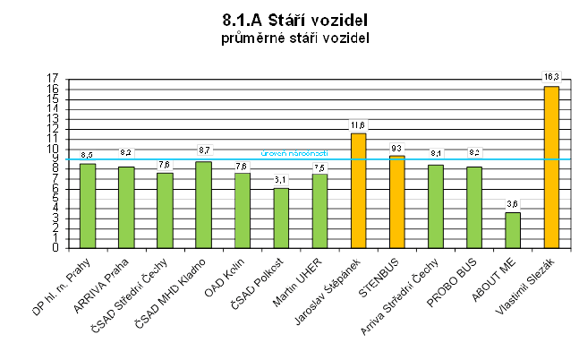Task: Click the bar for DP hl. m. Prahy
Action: pos(88,205)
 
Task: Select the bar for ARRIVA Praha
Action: pos(126,207)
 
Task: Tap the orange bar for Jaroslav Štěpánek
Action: pos(358,190)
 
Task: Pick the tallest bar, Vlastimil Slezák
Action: pos(551,167)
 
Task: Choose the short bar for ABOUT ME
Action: pos(513,229)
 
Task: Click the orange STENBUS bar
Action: pos(397,201)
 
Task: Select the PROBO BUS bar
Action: pos(474,207)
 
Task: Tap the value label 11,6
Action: pos(358,124)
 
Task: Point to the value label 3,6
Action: pos(513,204)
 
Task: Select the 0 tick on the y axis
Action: pos(55,247)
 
